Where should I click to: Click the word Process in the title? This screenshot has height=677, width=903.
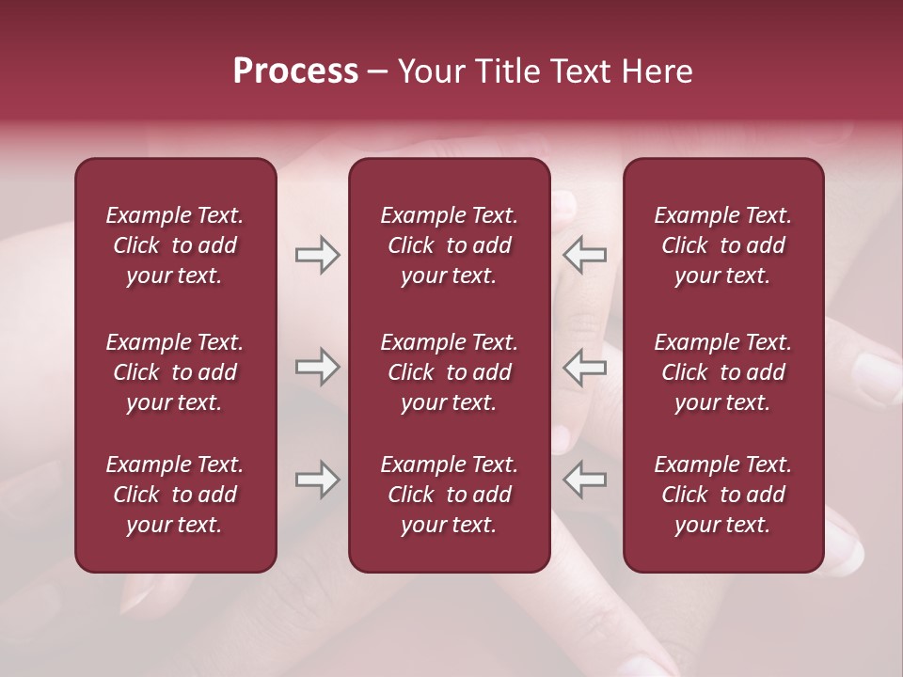[x=295, y=71]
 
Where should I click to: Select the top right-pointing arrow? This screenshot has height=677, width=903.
[x=318, y=255]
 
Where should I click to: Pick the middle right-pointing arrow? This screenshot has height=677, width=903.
[x=318, y=367]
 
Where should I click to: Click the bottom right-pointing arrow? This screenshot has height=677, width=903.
[x=318, y=480]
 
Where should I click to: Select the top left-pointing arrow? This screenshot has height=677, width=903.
[x=584, y=255]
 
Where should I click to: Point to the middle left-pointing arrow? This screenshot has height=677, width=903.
[x=584, y=367]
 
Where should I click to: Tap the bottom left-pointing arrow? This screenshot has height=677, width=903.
[x=584, y=480]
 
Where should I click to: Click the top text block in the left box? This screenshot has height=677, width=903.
[x=175, y=245]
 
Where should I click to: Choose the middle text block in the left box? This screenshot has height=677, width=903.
[x=175, y=372]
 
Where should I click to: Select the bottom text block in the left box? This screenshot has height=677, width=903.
[x=175, y=495]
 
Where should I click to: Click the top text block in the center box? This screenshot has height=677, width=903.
[x=449, y=245]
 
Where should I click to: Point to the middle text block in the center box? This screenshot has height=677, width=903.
[x=449, y=372]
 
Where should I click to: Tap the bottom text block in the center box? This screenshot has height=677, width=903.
[x=449, y=495]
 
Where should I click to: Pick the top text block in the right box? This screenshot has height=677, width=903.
[x=722, y=245]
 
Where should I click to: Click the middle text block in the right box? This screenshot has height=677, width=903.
[x=722, y=372]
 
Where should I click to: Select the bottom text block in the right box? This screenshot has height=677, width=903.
[x=722, y=495]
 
